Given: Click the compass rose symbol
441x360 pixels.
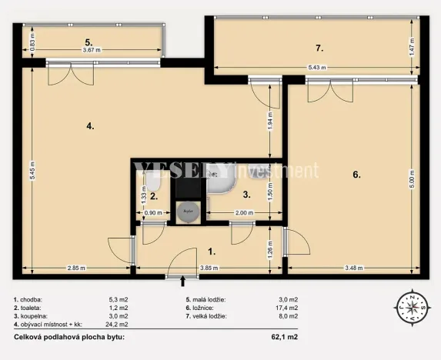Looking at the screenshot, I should click(x=414, y=309).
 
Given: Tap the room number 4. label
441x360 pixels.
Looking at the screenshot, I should click(x=90, y=126).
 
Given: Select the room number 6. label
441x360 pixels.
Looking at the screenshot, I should click(x=356, y=175).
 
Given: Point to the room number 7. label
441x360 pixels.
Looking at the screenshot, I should click(x=319, y=48).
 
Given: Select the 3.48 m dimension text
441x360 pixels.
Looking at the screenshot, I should click(x=352, y=268).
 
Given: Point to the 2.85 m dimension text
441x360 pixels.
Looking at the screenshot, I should click(x=75, y=268).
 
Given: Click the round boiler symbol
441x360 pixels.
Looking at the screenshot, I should click(x=187, y=210).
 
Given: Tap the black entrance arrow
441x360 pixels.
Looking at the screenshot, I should click(x=182, y=282).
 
